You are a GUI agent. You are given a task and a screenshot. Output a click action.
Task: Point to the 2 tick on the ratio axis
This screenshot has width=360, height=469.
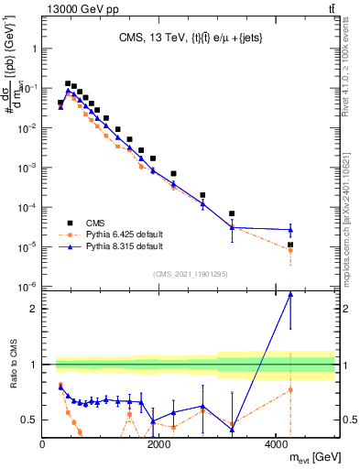[34, 309]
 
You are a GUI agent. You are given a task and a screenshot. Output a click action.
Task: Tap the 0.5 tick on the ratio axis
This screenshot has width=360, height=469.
[30, 420]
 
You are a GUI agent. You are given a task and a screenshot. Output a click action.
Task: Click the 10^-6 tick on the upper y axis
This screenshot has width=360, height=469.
[27, 287]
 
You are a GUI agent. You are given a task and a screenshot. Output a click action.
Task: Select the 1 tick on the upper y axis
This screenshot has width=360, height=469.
[34, 49]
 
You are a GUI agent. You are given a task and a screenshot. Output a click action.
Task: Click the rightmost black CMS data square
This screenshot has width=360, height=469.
[290, 245]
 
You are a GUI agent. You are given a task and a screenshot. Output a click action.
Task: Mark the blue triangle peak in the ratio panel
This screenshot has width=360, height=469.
[290, 294]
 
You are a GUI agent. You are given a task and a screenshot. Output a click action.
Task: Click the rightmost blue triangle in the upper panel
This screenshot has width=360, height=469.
[290, 230]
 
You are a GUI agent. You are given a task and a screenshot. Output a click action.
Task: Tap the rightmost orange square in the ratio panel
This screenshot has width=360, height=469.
[290, 389]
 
